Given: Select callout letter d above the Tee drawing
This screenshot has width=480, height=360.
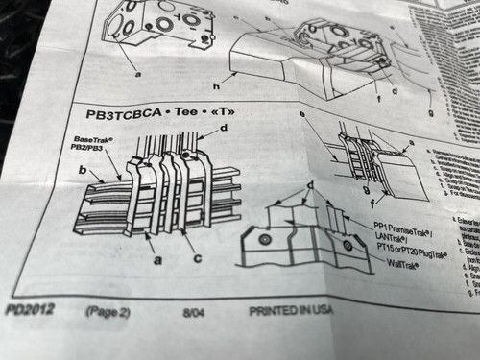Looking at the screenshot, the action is click(224, 128).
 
